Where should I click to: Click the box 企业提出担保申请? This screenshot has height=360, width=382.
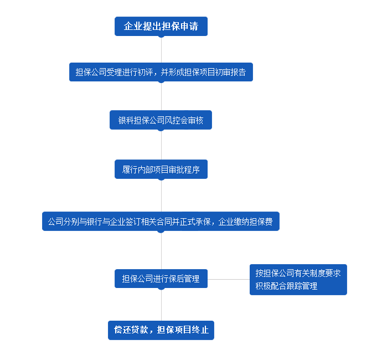(161, 26)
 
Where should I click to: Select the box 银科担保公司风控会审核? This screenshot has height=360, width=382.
(161, 120)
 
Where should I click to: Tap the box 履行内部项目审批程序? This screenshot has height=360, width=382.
(161, 169)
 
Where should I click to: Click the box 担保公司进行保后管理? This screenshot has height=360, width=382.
(161, 279)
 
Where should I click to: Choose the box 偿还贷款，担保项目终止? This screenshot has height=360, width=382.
(161, 330)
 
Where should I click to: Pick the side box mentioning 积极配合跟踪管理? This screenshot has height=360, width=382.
(298, 279)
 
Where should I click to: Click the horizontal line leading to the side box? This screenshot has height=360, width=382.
(228, 279)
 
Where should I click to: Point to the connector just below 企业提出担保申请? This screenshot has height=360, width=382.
(161, 49)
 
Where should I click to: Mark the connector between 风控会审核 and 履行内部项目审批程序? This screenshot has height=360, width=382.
(161, 145)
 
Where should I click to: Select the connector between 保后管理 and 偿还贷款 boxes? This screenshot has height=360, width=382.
(161, 304)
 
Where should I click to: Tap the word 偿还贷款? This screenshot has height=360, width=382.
(129, 330)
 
